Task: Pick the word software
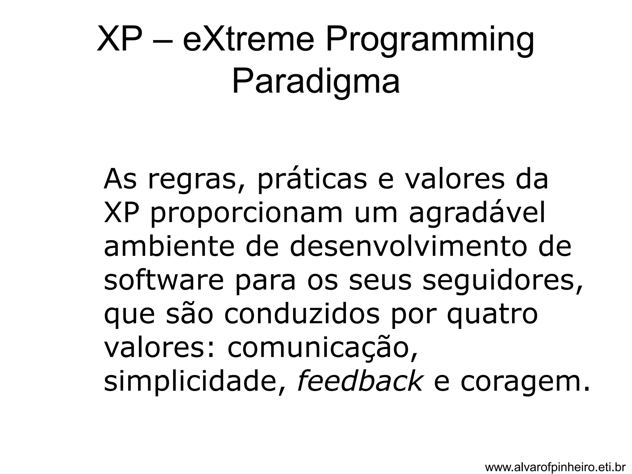click(164, 281)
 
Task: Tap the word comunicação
click(322, 349)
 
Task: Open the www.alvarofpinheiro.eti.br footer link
click(555, 467)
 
